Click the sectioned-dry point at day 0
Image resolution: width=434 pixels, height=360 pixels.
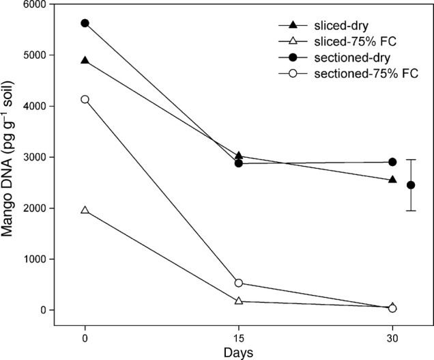click(x=85, y=23)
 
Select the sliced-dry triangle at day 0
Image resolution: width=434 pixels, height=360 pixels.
click(x=85, y=61)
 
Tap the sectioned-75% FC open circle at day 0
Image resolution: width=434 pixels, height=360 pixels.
click(x=85, y=100)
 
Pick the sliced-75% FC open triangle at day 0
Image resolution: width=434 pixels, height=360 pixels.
click(x=85, y=210)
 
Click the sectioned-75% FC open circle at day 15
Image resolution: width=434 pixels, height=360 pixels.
click(x=238, y=283)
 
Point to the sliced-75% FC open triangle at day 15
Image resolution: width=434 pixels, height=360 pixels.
click(x=238, y=301)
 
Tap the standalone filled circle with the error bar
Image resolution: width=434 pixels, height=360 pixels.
click(x=411, y=185)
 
